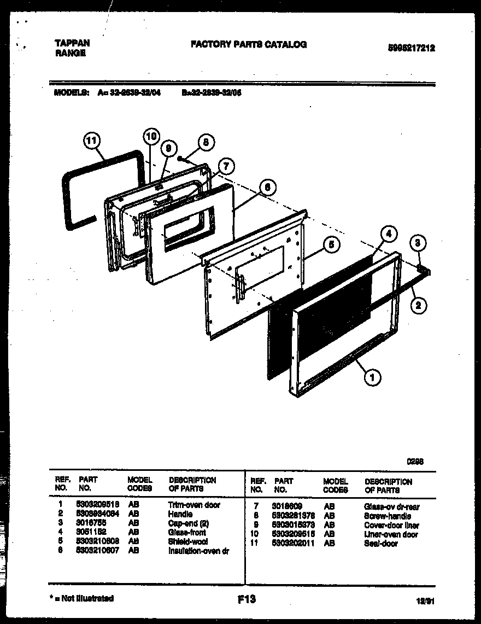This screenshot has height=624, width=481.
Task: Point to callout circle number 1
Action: (373, 376)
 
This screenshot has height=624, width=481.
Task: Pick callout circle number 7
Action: (226, 167)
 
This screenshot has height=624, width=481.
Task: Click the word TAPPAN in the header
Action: (73, 43)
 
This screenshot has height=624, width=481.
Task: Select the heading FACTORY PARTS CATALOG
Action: (249, 44)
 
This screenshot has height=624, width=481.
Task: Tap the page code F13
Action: (247, 599)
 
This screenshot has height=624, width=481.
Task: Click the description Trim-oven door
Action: (194, 505)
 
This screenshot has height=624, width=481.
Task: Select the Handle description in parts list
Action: (180, 514)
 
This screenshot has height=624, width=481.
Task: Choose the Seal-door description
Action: (381, 544)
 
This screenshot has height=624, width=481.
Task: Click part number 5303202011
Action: (293, 544)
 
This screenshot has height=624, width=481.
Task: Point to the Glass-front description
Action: (187, 533)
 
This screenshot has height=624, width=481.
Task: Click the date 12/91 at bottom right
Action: (424, 600)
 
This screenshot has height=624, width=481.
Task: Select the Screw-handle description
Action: (387, 516)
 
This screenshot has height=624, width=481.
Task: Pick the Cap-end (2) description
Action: (186, 523)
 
